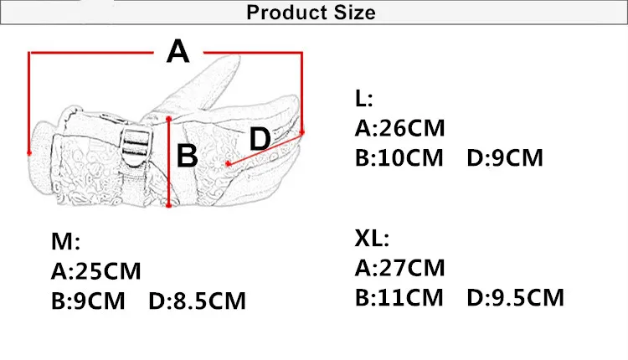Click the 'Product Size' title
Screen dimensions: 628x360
click(x=311, y=13)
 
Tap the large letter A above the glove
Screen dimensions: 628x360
click(x=178, y=51)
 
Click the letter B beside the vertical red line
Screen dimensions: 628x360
click(x=187, y=156)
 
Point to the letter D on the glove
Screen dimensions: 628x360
click(x=260, y=138)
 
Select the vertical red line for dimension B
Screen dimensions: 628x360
click(x=168, y=162)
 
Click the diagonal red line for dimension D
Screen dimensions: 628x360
click(x=265, y=149)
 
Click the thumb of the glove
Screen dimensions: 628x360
click(x=208, y=83)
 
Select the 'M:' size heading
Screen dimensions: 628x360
click(x=65, y=241)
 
